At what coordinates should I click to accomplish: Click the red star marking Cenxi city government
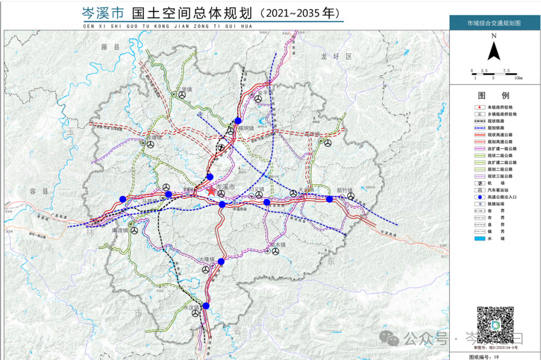(x=211, y=191)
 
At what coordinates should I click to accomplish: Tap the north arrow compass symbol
(x=494, y=50)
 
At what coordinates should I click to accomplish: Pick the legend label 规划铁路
(x=500, y=128)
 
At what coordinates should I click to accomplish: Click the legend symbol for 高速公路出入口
(x=479, y=197)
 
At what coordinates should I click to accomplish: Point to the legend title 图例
(x=494, y=96)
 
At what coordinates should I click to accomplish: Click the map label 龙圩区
(x=337, y=57)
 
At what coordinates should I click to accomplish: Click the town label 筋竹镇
(x=345, y=190)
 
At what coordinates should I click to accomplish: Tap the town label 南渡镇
(x=121, y=230)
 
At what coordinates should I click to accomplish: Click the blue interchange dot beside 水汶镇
(x=206, y=305)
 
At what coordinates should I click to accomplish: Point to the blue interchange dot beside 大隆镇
(x=221, y=261)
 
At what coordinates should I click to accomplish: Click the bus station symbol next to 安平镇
(x=258, y=100)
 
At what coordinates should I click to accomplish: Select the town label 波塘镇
(x=154, y=137)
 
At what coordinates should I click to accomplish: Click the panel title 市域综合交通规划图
(x=494, y=23)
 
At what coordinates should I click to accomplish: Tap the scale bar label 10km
(x=518, y=78)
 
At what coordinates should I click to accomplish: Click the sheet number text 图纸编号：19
(x=484, y=356)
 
